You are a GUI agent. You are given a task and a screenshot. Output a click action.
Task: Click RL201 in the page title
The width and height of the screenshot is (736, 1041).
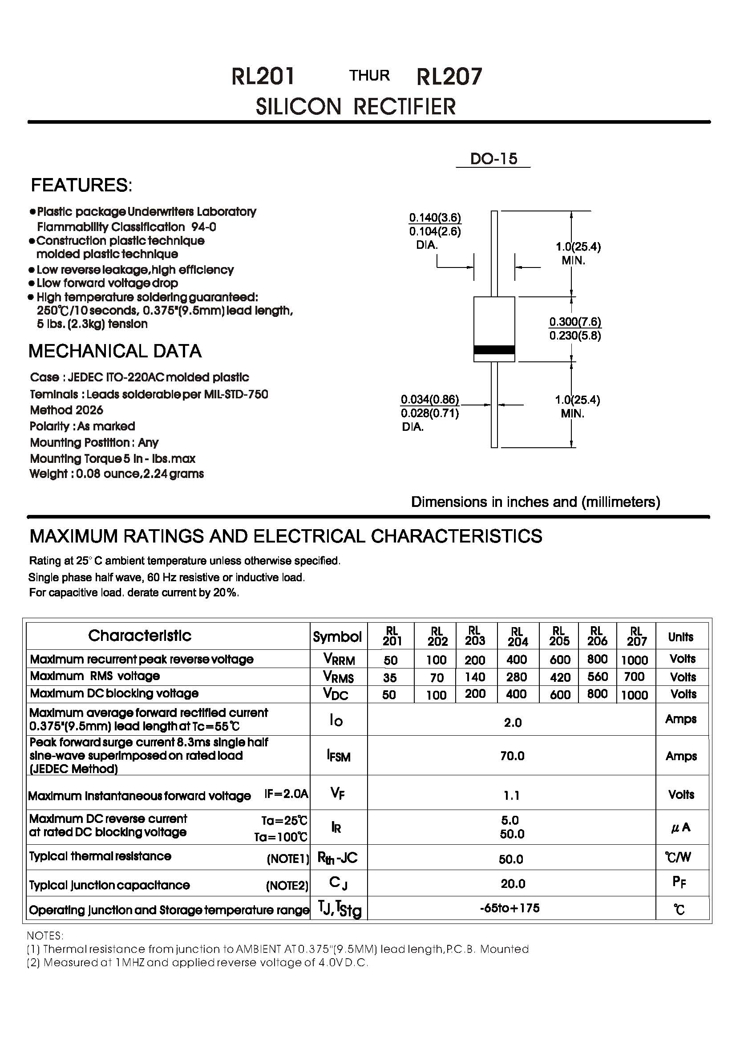pyautogui.click(x=263, y=76)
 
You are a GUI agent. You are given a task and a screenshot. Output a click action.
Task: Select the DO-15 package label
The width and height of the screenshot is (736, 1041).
pyautogui.click(x=493, y=159)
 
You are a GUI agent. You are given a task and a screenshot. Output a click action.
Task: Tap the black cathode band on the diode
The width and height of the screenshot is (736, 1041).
pyautogui.click(x=494, y=349)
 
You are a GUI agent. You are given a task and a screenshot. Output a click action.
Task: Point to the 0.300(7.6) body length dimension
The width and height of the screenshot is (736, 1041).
pyautogui.click(x=575, y=322)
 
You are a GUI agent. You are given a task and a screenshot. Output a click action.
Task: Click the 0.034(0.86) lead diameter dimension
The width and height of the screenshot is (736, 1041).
pyautogui.click(x=430, y=399)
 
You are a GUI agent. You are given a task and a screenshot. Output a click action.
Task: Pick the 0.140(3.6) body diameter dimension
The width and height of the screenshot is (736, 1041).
pyautogui.click(x=435, y=218)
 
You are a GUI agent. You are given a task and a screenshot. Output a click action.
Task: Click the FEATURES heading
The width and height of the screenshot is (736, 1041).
pyautogui.click(x=81, y=185)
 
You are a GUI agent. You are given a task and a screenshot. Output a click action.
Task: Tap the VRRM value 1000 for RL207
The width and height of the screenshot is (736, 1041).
pyautogui.click(x=635, y=660)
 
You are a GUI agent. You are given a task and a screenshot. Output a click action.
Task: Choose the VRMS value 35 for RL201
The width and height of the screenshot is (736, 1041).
pyautogui.click(x=390, y=677)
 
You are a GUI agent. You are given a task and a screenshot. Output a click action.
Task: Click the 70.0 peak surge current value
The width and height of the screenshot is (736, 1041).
pyautogui.click(x=512, y=756)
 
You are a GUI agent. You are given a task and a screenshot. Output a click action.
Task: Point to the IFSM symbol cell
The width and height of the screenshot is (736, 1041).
pyautogui.click(x=338, y=756)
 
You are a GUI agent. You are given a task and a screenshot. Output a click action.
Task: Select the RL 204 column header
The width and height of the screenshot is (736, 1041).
pyautogui.click(x=517, y=636)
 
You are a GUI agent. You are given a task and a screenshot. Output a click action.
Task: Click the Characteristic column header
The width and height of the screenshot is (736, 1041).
pyautogui.click(x=140, y=636)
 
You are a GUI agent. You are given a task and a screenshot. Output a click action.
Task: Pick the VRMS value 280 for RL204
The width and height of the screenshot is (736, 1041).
pyautogui.click(x=517, y=677)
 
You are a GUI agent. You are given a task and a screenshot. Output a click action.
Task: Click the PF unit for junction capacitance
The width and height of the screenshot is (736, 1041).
pyautogui.click(x=679, y=882)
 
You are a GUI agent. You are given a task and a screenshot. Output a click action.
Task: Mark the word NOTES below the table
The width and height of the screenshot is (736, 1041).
pyautogui.click(x=45, y=936)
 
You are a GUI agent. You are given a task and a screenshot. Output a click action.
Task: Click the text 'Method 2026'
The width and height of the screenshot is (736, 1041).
pyautogui.click(x=67, y=410)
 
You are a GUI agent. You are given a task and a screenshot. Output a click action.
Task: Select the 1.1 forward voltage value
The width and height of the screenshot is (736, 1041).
pyautogui.click(x=512, y=795)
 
